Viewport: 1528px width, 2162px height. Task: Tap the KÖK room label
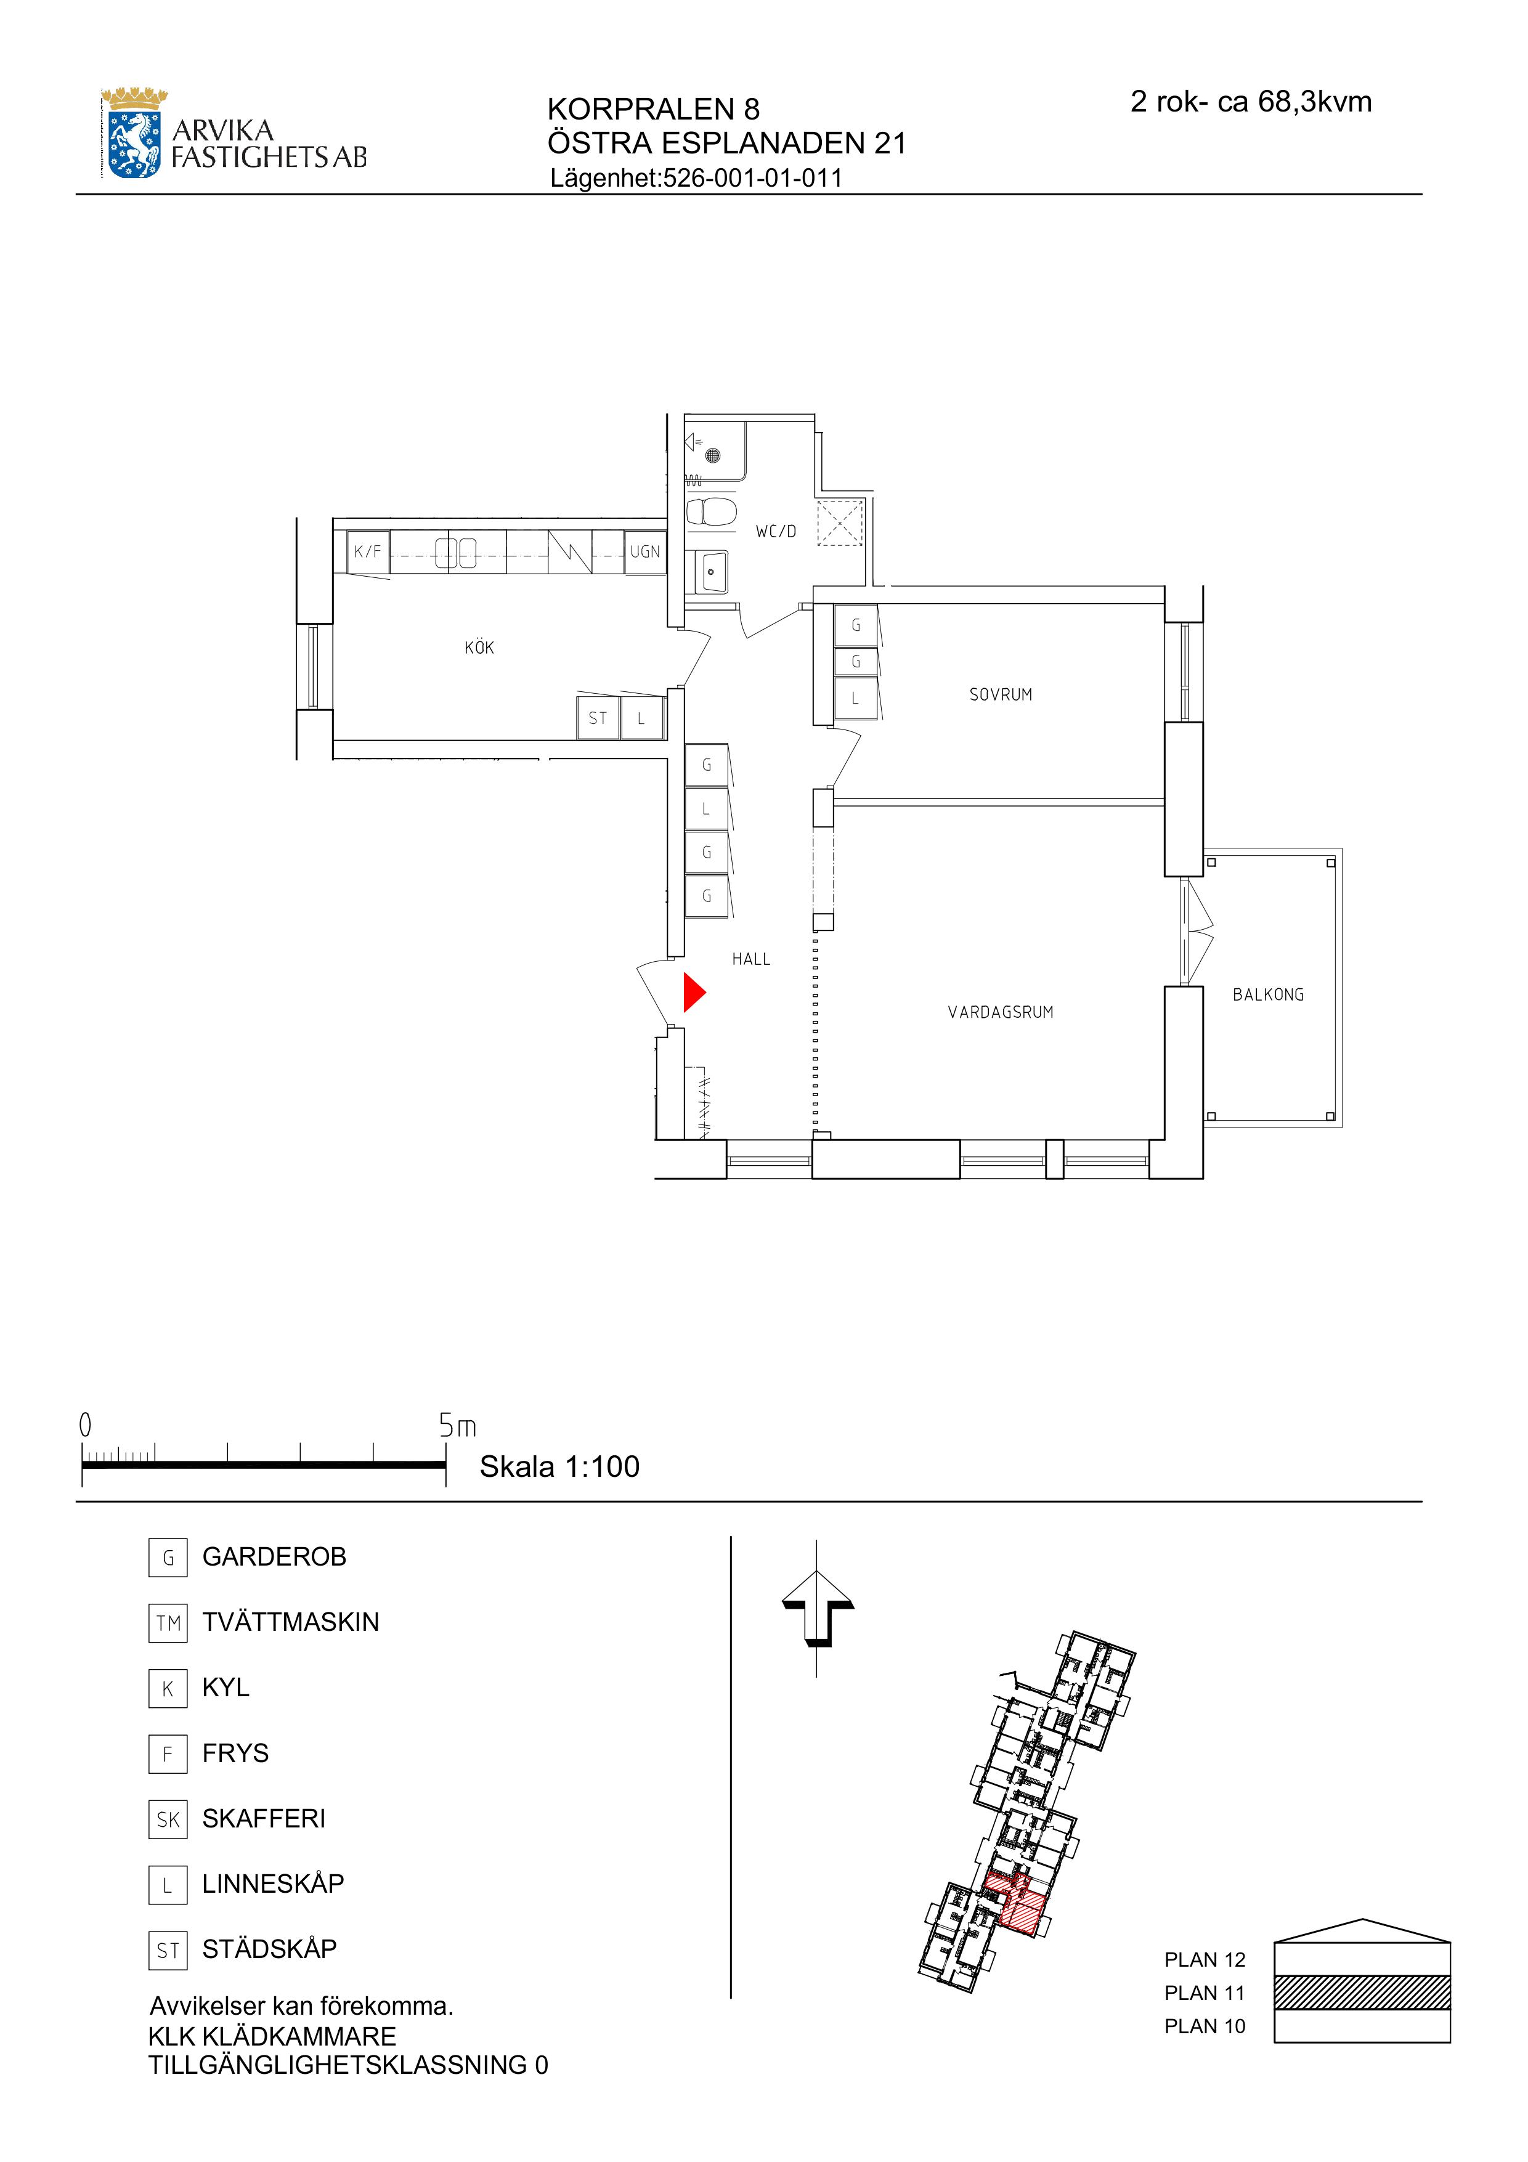pos(479,648)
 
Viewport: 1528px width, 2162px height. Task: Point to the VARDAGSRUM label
pos(1001,1012)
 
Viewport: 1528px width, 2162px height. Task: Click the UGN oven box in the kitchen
pos(645,552)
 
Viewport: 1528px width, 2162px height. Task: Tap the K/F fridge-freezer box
pos(368,552)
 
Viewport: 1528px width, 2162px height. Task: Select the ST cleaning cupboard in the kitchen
pos(598,718)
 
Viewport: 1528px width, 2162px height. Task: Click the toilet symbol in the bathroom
pos(711,512)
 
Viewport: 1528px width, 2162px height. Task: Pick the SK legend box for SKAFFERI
pos(168,1819)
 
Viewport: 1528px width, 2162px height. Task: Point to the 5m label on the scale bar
pos(458,1426)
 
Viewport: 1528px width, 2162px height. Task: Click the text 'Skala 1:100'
pos(559,1466)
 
